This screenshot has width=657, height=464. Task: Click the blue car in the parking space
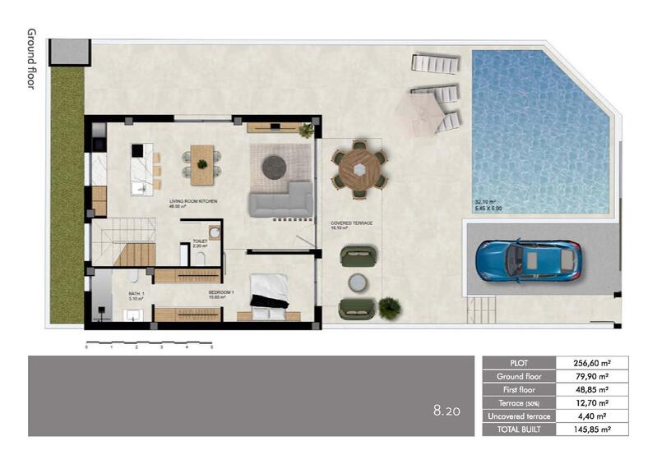528,260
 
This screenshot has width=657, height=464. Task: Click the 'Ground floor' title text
31,58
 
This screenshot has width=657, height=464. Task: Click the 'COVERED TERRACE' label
352,223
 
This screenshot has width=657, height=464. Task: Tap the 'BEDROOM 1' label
221,292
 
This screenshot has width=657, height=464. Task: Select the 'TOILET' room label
199,242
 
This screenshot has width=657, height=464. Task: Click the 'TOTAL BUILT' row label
518,429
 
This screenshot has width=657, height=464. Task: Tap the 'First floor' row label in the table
518,389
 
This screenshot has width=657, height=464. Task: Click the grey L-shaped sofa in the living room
280,200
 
